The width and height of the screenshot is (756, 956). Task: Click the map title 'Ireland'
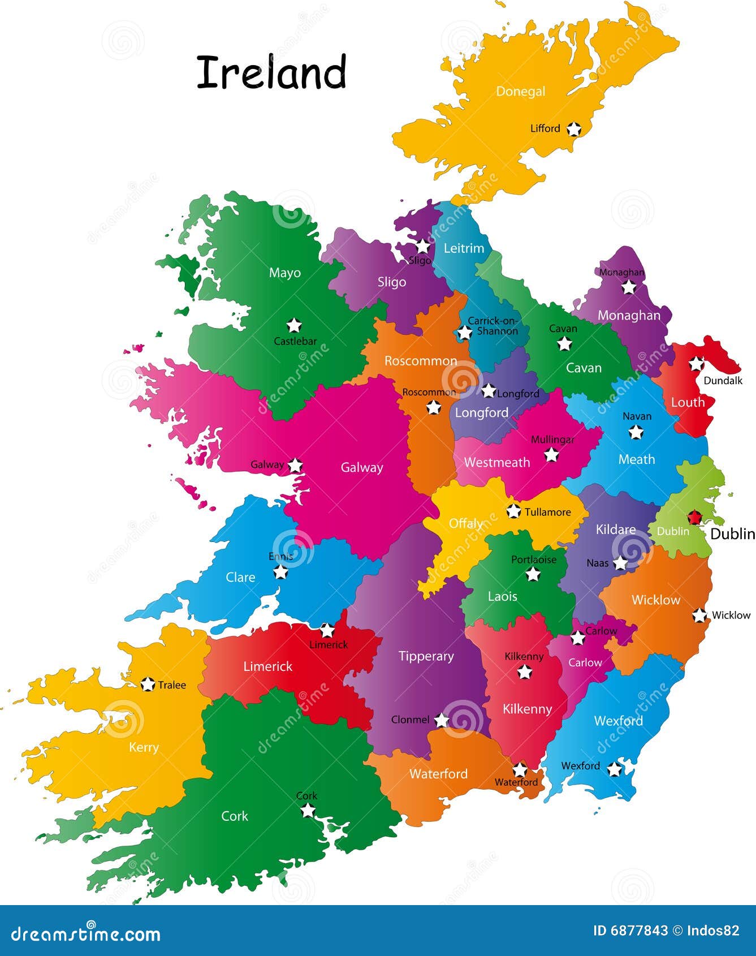(x=271, y=72)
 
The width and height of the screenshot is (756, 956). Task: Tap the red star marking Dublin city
(x=694, y=516)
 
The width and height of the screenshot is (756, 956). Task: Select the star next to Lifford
(x=574, y=129)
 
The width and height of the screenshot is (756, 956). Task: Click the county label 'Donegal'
(x=520, y=91)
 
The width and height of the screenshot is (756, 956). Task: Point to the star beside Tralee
(x=148, y=684)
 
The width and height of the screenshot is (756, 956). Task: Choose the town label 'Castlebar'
(x=295, y=341)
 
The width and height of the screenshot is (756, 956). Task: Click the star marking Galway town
(x=295, y=465)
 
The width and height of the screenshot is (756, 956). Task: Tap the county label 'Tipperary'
(x=426, y=656)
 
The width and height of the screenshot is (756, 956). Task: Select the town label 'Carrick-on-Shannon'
(x=493, y=326)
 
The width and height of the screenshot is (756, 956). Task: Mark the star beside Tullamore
(x=513, y=511)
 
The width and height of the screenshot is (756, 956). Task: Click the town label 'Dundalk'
(x=723, y=381)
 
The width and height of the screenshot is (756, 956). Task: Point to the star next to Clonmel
(x=441, y=720)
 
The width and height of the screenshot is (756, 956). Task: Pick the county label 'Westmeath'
(x=496, y=462)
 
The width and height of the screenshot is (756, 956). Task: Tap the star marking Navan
(x=636, y=432)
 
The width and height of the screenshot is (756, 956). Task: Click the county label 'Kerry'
(x=144, y=747)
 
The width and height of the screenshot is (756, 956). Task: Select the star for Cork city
(x=308, y=810)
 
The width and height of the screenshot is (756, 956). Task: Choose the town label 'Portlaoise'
(x=533, y=559)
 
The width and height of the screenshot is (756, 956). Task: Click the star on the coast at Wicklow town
(x=699, y=615)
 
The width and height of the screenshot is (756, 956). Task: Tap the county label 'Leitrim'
(x=464, y=248)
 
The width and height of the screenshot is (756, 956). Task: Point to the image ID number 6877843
(x=640, y=931)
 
